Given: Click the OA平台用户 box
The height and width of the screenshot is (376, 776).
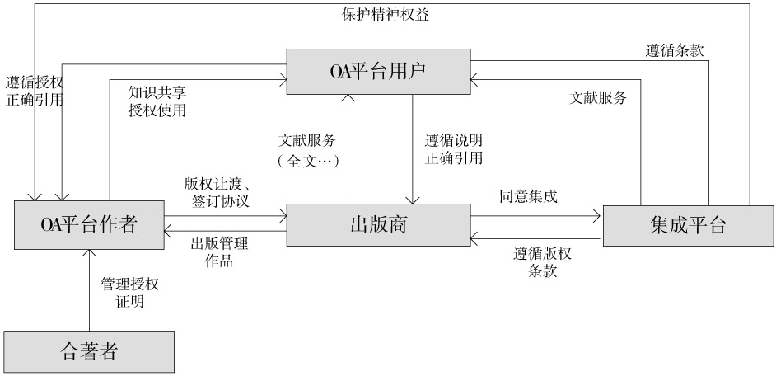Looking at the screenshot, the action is tap(379, 72).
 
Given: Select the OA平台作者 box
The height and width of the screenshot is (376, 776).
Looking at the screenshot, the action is tap(89, 225).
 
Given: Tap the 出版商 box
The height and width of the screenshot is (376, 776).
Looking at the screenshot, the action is tap(379, 225).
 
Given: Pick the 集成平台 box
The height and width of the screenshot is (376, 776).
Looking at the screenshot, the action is tap(688, 225).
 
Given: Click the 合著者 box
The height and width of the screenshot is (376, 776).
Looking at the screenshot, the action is tap(89, 352).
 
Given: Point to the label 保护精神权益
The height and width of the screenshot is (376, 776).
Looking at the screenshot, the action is tap(386, 15).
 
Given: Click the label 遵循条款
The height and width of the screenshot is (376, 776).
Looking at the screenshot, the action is tap(675, 50).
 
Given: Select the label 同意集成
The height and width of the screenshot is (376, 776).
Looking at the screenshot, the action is tap(529, 197).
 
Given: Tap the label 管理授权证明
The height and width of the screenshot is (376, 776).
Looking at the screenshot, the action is tap(129, 293).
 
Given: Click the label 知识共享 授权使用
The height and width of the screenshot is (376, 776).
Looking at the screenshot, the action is tap(157, 101).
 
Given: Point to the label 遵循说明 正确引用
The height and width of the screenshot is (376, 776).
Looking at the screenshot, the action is tap(454, 149).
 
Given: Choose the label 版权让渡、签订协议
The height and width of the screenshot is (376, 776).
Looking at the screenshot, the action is tap(217, 192).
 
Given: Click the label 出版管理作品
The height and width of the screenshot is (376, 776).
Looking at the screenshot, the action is tap(219, 252).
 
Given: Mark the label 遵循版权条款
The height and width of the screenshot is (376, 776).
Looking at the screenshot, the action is tap(542, 262).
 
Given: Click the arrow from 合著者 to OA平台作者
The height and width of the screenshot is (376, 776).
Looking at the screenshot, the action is tap(89, 291).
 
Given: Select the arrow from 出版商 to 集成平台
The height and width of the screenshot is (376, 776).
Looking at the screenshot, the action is tap(536, 215).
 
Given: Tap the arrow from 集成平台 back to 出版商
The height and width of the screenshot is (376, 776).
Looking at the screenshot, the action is tap(536, 239).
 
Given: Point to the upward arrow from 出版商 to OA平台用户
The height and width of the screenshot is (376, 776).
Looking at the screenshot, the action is tap(348, 149).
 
